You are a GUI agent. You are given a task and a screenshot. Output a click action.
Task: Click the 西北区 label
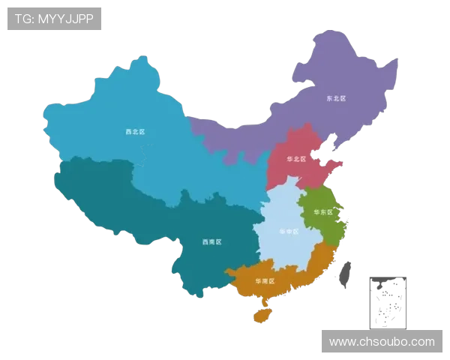tap(135, 131)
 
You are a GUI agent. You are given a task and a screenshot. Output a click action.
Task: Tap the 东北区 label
tap(335, 98)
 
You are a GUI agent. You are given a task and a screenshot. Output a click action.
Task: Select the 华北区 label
tap(297, 159)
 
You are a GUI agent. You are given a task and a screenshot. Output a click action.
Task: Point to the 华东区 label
tap(323, 212)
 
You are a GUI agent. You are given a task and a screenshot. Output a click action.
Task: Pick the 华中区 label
tap(288, 232)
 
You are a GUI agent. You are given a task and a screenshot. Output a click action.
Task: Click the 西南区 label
tap(212, 241)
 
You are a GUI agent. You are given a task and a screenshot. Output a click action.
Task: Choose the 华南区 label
tap(265, 280)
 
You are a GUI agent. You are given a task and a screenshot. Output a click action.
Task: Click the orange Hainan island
tap(262, 315)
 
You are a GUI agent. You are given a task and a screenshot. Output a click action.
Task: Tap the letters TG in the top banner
tap(23, 19)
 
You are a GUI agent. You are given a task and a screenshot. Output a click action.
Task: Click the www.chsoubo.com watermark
tap(382, 342)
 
